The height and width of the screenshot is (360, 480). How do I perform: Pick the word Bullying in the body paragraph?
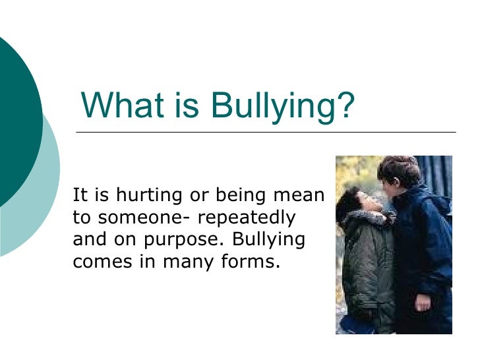pos(270,239)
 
